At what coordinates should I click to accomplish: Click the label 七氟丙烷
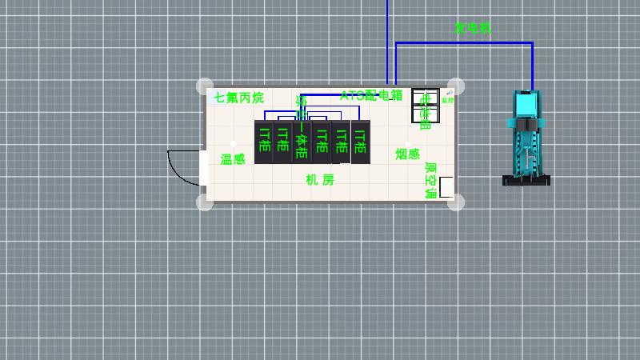coord(238,98)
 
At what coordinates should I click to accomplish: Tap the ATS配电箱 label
coord(371,96)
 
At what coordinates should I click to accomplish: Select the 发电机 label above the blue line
coord(472,29)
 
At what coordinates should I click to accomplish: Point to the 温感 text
coord(233,159)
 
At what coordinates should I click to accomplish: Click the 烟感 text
coord(407,154)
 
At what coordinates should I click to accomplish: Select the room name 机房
coord(320,180)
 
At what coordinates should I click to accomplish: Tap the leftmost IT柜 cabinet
coord(263,142)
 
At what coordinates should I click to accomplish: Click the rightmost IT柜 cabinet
coord(361,142)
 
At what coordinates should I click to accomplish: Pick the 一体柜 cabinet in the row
coord(302,142)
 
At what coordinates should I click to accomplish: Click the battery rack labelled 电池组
coord(425,106)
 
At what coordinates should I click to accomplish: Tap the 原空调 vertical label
coord(430,181)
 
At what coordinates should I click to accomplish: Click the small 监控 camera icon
coord(448,97)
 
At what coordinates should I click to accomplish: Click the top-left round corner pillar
coord(205,86)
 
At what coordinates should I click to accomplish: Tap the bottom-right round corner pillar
coord(456,202)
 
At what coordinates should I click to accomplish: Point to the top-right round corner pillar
coord(456,86)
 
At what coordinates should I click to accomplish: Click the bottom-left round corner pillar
coord(205,202)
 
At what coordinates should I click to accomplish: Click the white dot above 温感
coord(233,144)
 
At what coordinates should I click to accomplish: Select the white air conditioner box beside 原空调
coord(446,187)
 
